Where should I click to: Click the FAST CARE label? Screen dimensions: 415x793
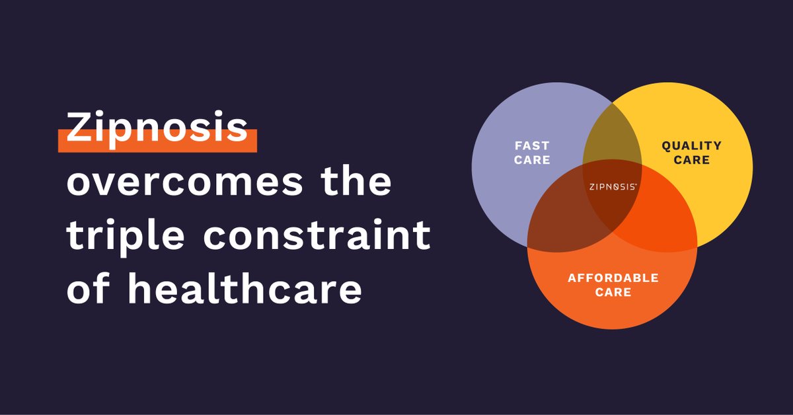532,153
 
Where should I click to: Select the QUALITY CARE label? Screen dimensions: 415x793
691,153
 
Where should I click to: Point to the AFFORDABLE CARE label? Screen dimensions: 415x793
613,285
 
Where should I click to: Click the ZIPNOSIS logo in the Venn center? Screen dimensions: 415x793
613,187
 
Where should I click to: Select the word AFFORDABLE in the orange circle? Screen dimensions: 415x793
613,278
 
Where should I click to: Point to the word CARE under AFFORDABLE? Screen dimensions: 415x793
613,292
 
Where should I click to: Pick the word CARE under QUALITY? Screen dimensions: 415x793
691,160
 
